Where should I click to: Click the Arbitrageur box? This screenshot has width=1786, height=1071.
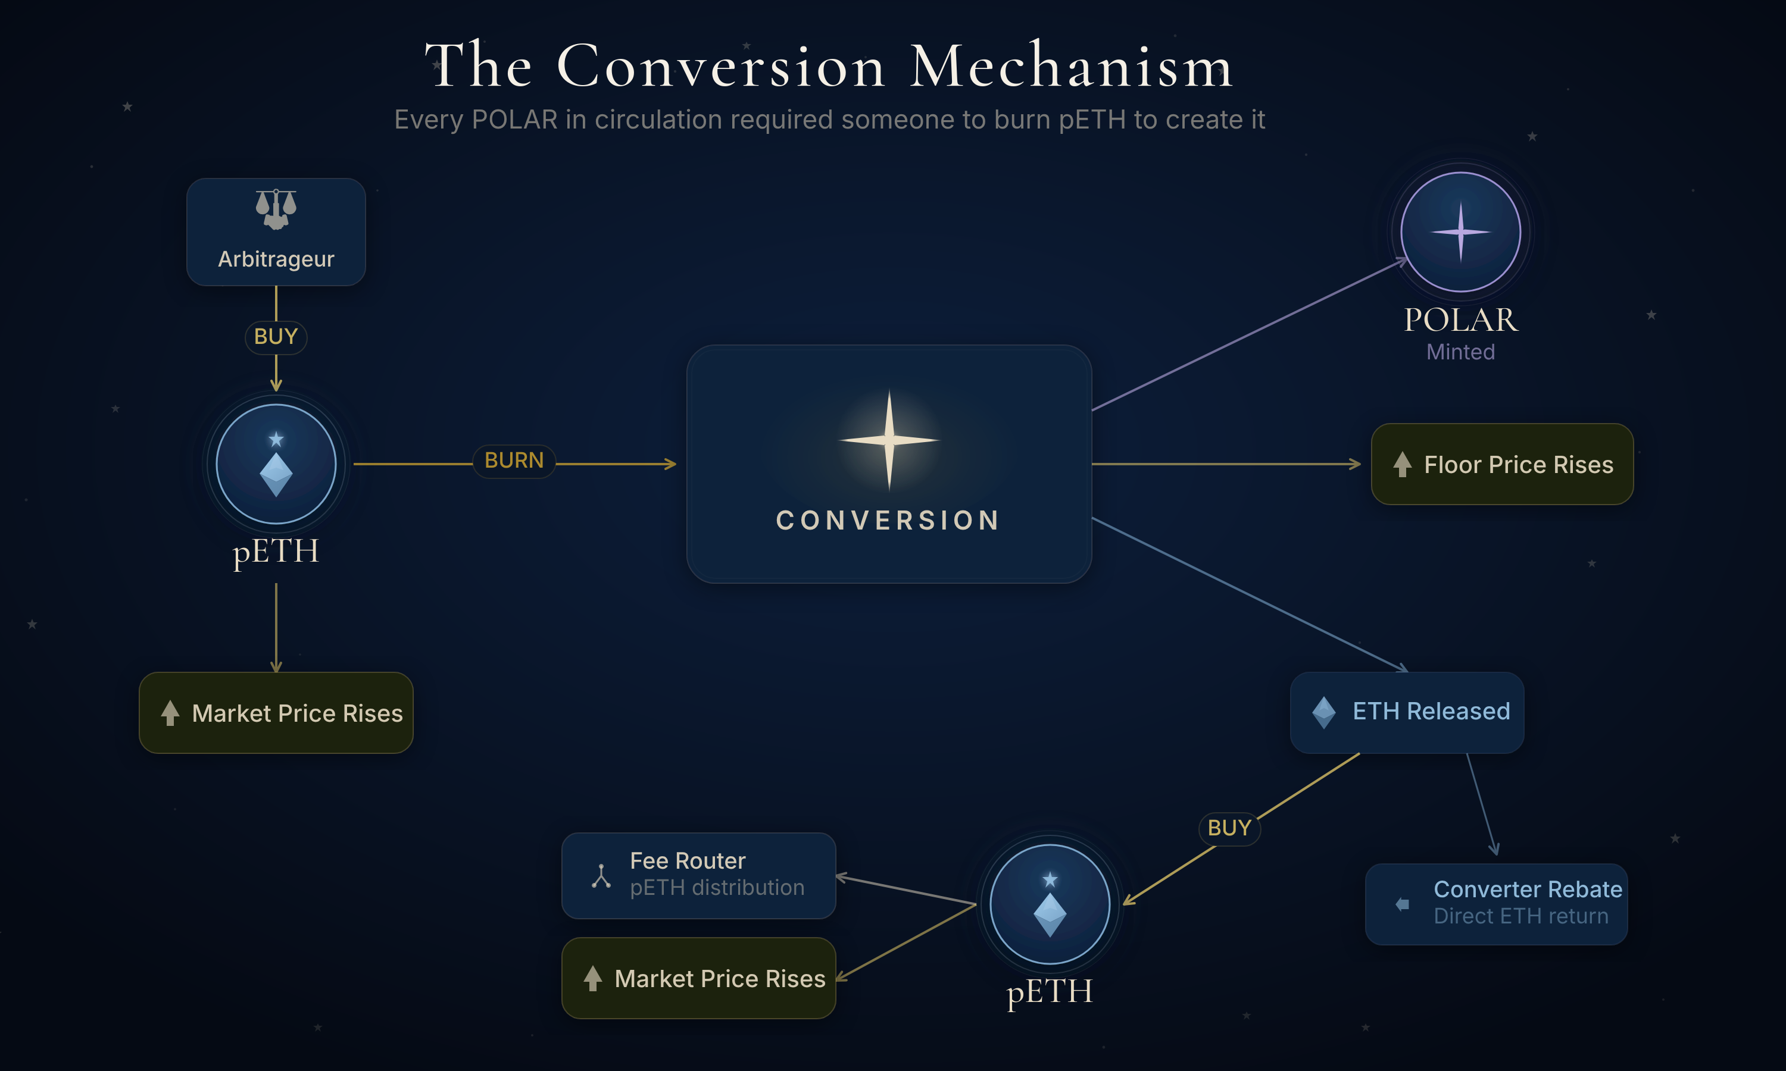click(276, 233)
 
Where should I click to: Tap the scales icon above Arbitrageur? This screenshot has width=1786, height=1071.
click(276, 209)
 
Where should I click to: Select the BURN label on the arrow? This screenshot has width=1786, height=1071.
click(514, 461)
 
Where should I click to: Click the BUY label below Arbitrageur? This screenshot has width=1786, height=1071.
click(276, 337)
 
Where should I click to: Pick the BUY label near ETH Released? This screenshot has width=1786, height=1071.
click(1229, 828)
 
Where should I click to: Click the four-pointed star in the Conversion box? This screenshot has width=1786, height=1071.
click(889, 440)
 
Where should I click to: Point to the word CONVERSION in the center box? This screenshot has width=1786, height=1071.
click(889, 521)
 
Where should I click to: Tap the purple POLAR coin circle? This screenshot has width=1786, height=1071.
click(1460, 231)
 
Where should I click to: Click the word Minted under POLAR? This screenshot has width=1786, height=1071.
click(1460, 352)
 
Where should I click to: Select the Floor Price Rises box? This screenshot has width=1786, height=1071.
click(1502, 464)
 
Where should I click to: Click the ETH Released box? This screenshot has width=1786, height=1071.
click(1407, 712)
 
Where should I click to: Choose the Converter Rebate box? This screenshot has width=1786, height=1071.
click(1497, 904)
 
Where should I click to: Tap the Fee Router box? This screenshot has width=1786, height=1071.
click(699, 875)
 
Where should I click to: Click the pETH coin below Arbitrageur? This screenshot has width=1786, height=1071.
click(276, 464)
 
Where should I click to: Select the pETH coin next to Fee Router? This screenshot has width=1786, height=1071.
click(1050, 904)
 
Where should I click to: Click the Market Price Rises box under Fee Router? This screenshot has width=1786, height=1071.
click(699, 978)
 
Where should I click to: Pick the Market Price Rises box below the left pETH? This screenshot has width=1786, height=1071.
click(276, 713)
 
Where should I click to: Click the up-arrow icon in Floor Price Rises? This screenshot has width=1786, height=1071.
click(1402, 465)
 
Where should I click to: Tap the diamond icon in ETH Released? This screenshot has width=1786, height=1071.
click(1324, 712)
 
